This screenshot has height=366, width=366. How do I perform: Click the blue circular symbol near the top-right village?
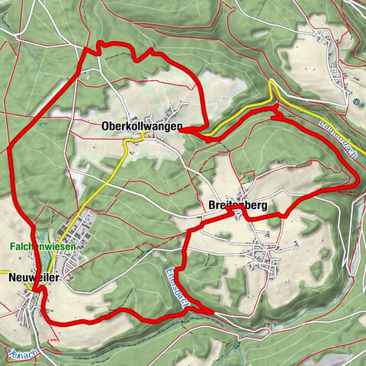click(355, 101)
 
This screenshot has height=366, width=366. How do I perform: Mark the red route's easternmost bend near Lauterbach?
click(357, 180)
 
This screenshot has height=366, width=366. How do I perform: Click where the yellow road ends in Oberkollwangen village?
click(146, 134)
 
